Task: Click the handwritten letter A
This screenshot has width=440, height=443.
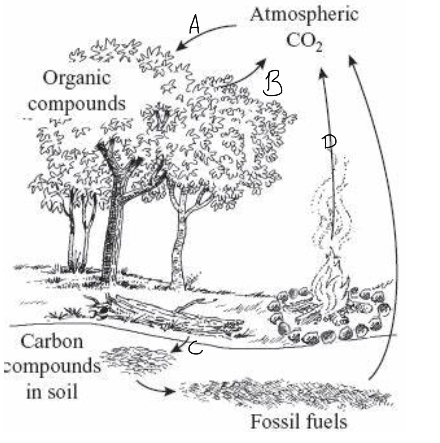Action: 194,24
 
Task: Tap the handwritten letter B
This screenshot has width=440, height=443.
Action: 272,84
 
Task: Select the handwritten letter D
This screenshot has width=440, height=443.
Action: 329,142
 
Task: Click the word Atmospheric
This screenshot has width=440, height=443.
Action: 304,15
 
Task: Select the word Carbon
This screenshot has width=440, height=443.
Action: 52,341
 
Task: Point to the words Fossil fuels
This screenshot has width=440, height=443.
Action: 299,421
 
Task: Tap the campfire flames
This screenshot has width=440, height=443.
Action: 333,285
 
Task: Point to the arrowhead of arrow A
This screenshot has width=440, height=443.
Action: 180,47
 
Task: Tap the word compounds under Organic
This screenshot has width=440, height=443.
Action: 77,104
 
